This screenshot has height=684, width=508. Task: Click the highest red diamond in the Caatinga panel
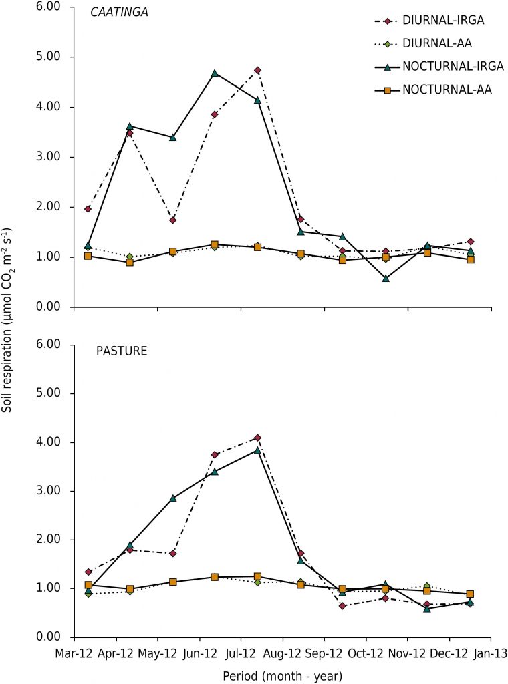tap(257, 70)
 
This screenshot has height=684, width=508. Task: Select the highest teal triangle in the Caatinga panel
tap(215, 73)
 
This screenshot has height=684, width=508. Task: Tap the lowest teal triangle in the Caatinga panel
tap(386, 279)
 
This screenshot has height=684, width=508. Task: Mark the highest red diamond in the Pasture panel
tap(257, 438)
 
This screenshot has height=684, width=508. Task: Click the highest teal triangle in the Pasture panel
tap(257, 450)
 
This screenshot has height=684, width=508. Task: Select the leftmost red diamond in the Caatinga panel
tap(88, 209)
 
